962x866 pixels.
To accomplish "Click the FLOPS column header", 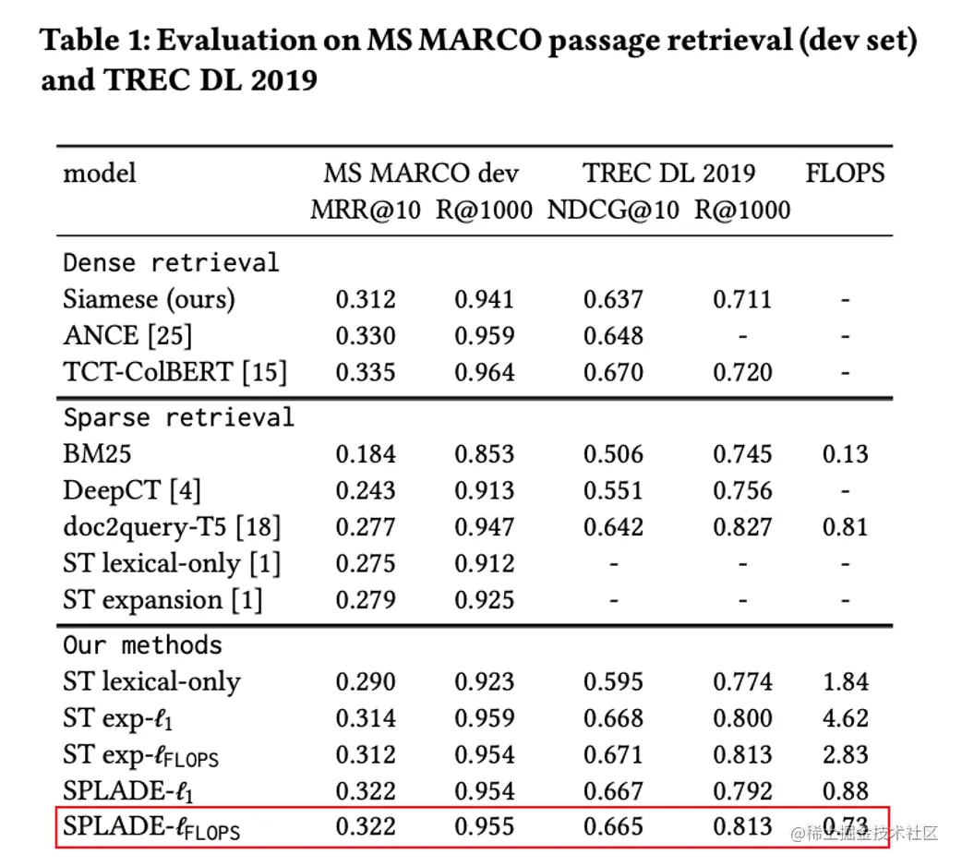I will pos(845,173).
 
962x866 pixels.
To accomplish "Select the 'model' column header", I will pos(100,173).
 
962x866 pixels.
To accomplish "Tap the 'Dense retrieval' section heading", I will pos(171,262).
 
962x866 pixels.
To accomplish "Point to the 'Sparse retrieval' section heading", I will pos(178,416).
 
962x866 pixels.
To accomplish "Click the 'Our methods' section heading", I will pos(142,643).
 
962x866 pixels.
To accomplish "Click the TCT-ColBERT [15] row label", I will pos(174,372).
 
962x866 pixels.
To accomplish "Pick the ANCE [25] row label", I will pos(127,336).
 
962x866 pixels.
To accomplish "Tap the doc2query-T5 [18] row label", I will pos(172,527).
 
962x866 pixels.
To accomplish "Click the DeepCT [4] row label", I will pos(131,491).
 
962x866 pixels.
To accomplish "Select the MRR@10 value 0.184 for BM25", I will pos(366,454).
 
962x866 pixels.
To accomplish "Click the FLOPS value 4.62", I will pos(845,718).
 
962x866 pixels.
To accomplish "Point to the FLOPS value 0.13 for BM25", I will pos(845,454).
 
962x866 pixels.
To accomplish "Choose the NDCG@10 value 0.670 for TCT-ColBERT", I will pos(613,372).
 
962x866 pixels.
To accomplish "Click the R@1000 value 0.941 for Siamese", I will pos(484,299).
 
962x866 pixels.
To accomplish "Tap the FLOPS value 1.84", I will pos(845,681).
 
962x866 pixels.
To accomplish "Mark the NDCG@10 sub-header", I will pos(613,210).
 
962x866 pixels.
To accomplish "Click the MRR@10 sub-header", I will pos(366,210).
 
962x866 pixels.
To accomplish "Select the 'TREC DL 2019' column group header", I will pos(668,173).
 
